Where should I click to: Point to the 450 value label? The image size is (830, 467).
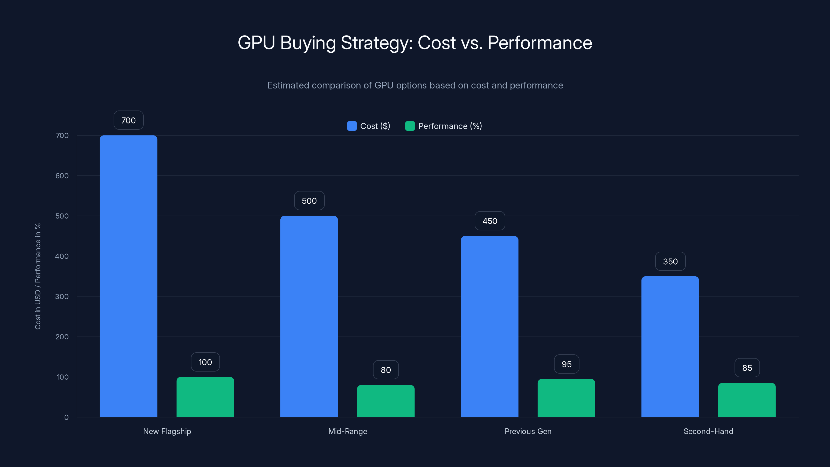(490, 221)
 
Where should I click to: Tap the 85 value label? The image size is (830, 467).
(747, 368)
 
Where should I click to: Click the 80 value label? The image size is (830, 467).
(386, 370)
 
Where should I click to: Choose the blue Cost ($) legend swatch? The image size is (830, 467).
(351, 126)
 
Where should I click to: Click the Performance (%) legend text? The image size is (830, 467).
(450, 126)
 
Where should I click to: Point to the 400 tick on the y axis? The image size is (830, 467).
(62, 256)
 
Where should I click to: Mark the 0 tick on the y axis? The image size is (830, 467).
(66, 417)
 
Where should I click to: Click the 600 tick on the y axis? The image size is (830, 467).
(62, 176)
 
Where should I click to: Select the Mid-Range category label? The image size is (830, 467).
(348, 431)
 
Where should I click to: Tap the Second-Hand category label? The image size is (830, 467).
(708, 431)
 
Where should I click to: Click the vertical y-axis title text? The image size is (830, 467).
(38, 276)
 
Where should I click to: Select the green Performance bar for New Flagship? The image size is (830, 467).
(205, 397)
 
